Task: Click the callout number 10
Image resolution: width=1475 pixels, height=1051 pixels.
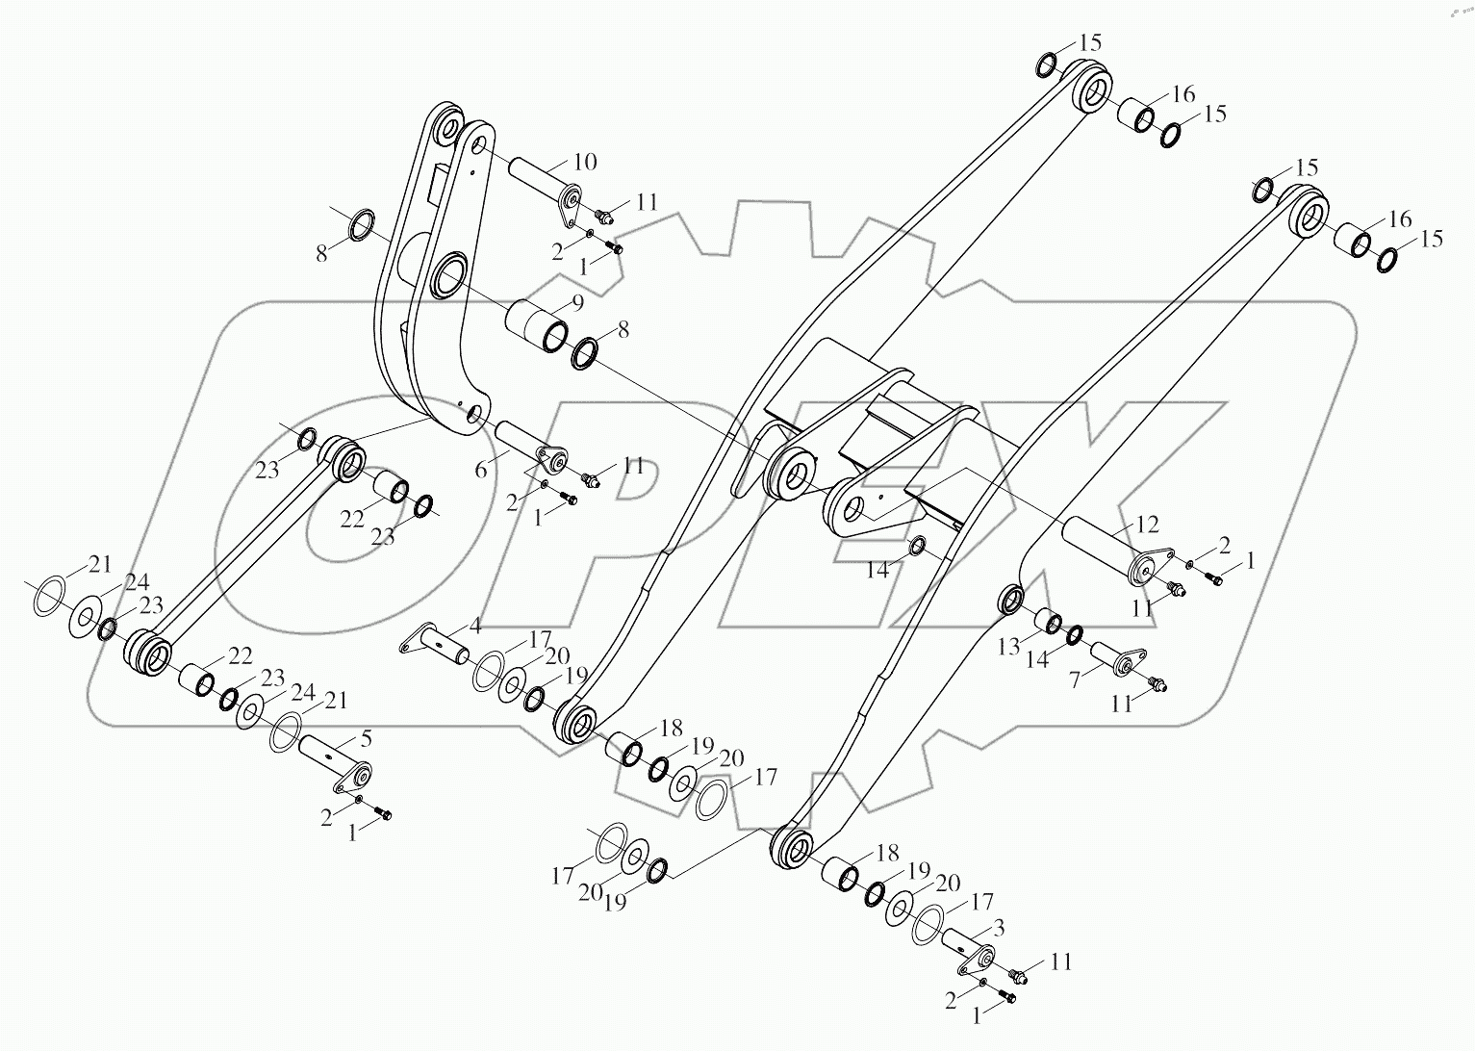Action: (586, 161)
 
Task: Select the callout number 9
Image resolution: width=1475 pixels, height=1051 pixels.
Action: (576, 303)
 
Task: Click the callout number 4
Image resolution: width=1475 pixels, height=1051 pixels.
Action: (474, 627)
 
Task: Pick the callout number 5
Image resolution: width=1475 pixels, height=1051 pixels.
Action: (366, 739)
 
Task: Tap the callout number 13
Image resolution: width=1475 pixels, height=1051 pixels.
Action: (1007, 648)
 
